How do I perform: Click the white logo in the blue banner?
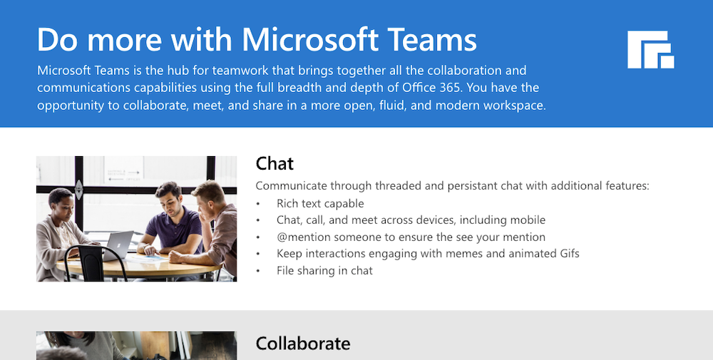(x=650, y=50)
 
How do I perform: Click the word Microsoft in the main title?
(x=309, y=39)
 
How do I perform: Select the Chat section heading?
(x=275, y=164)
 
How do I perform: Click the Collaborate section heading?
(x=303, y=343)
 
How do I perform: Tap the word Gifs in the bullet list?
(x=569, y=253)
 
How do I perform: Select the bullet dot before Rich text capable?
(x=258, y=204)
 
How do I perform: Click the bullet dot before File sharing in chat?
(x=258, y=271)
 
